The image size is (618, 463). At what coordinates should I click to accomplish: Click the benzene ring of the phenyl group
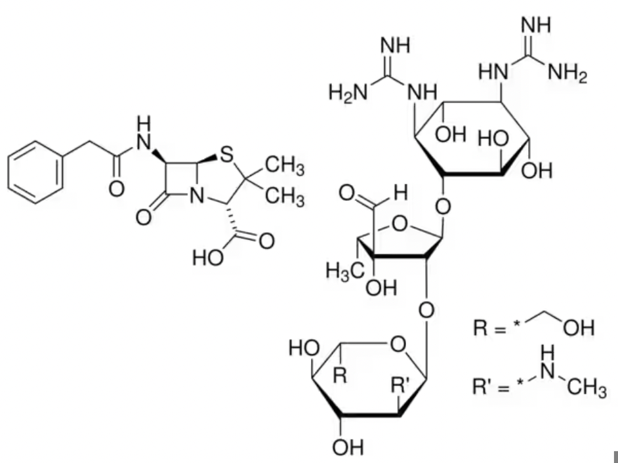(35, 172)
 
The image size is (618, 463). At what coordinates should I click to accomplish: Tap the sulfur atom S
(226, 155)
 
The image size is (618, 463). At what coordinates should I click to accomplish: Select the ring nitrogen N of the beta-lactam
(197, 196)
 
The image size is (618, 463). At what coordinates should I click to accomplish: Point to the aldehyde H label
(400, 193)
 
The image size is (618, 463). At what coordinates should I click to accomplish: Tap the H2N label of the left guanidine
(348, 93)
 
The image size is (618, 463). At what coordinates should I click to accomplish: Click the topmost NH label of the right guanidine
(536, 25)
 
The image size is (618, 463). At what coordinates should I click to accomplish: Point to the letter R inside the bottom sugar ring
(340, 376)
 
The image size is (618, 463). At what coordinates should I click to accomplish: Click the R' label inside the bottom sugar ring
(400, 384)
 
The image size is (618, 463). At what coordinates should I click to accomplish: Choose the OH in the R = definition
(579, 327)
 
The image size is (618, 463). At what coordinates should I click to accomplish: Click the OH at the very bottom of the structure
(348, 447)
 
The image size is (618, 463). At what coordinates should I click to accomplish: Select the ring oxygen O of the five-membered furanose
(400, 224)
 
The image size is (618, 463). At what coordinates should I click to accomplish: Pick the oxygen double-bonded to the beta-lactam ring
(144, 218)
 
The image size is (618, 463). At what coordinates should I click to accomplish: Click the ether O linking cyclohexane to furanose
(443, 207)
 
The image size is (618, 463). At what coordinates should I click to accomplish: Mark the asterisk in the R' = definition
(521, 382)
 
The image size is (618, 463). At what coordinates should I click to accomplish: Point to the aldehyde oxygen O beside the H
(346, 193)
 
